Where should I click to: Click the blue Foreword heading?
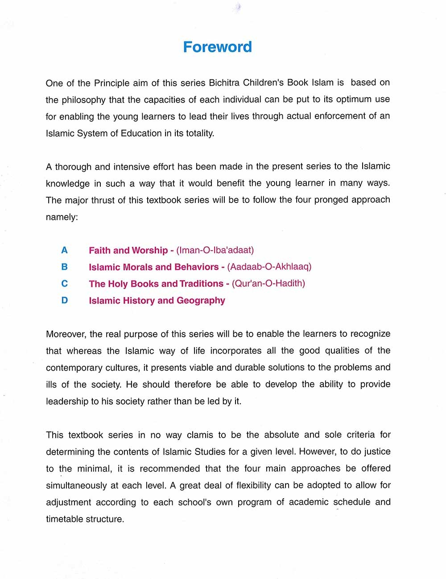click(x=218, y=47)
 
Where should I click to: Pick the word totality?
click(x=197, y=133)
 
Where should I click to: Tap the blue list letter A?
click(x=64, y=250)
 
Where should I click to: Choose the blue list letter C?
click(x=65, y=284)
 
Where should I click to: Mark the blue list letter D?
click(x=65, y=301)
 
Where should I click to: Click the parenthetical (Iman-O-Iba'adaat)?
click(x=215, y=250)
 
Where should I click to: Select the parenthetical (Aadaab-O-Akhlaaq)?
click(x=269, y=267)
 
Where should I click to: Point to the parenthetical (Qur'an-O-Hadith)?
click(x=268, y=284)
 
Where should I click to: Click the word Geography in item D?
click(x=201, y=301)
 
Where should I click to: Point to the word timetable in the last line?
click(x=65, y=519)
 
